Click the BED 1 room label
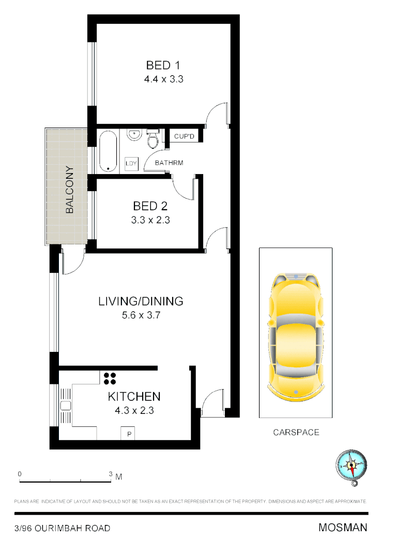[x=163, y=66]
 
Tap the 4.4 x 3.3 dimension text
[x=164, y=80]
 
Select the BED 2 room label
[x=150, y=206]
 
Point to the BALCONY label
[x=70, y=190]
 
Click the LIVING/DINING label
[x=141, y=301]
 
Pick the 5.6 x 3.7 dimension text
[x=141, y=315]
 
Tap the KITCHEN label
[x=134, y=397]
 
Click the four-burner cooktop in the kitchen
[x=110, y=379]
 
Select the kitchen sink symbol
[x=66, y=406]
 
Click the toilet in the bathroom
[x=153, y=139]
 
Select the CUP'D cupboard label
[x=184, y=137]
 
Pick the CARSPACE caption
[x=296, y=432]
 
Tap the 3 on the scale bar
[x=110, y=474]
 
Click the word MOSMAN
[x=343, y=528]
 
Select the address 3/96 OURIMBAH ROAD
[x=62, y=528]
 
